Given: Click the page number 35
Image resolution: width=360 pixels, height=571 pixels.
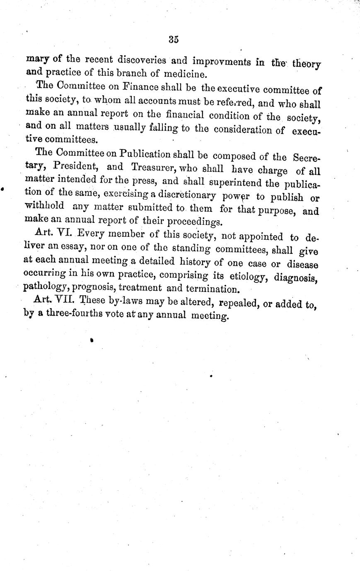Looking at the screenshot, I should coord(174,40).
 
